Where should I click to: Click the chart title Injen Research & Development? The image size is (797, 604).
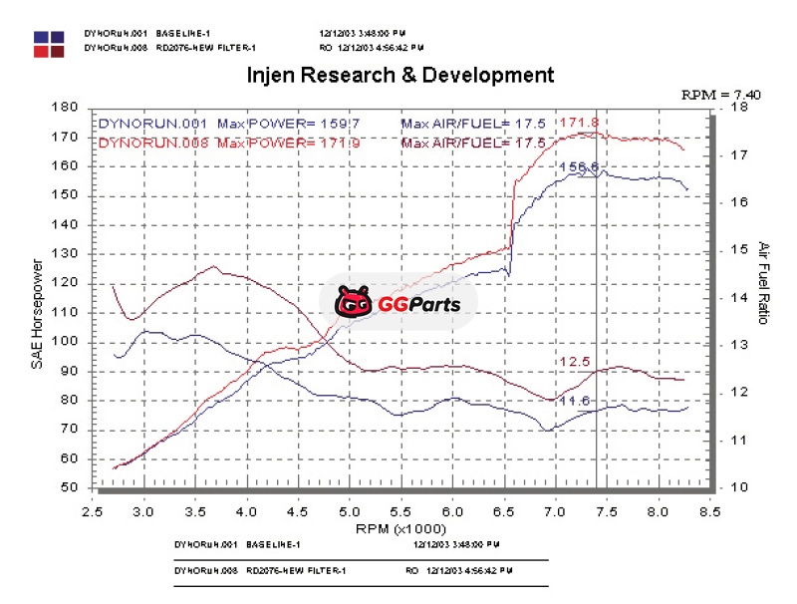point(398,75)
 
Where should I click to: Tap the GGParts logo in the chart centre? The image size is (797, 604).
point(398,301)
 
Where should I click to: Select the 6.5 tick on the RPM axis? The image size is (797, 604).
point(503,510)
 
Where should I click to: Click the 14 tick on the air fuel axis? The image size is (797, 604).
point(739,297)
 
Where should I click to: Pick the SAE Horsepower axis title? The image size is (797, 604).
point(37,313)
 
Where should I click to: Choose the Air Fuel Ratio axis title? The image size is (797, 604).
point(763,283)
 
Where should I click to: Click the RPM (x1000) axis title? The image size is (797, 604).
point(398,527)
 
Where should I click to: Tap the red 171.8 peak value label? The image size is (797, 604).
point(578,123)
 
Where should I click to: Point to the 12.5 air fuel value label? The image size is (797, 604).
point(575,361)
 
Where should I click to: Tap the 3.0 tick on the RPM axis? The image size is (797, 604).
point(145,510)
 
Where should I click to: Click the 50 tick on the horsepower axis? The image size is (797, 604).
point(70,487)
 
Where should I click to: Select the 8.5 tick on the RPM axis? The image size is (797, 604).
point(708,510)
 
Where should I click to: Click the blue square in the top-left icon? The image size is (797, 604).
point(42,36)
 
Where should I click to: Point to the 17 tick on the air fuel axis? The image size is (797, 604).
point(739,155)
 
